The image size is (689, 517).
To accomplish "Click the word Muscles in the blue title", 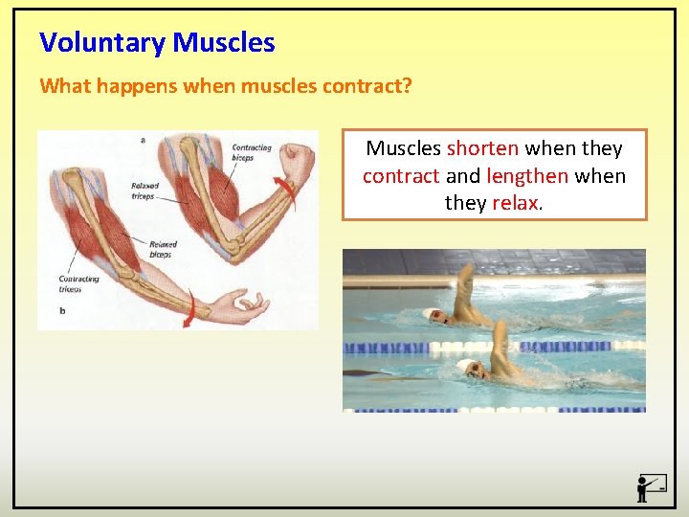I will point(224,43).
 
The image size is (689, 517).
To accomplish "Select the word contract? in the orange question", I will point(367,86).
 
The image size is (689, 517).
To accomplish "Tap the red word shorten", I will point(483,148).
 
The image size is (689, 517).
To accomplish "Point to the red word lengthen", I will point(527,176).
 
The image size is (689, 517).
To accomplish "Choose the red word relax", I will point(515,203).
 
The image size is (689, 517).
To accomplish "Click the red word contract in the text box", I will point(401,176).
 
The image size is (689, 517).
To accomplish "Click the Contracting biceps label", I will point(252,152).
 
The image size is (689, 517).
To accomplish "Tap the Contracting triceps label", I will point(78,283).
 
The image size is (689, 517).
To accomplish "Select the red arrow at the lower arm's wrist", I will point(192,308).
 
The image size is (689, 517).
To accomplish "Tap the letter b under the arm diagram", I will point(62,310).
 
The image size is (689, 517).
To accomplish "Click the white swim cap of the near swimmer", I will point(466,367).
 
